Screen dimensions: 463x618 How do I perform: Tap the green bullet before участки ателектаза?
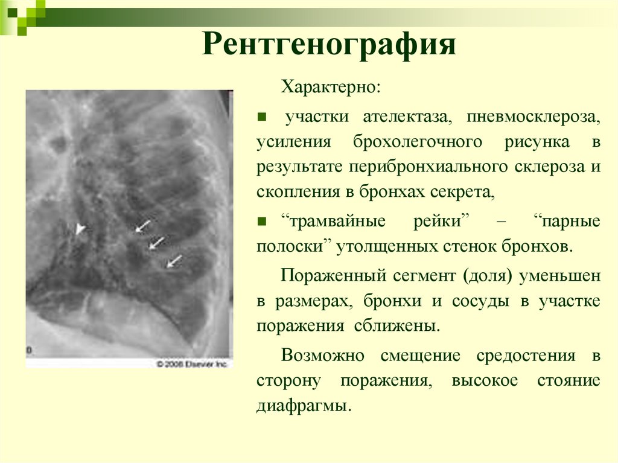coord(261,115)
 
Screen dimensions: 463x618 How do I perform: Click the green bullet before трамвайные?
coord(261,220)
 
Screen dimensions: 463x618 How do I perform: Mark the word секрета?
coord(463,194)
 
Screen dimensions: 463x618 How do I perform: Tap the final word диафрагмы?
coord(303,405)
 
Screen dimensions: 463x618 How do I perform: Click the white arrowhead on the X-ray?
coord(80,228)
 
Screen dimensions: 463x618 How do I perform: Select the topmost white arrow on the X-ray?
coord(142,226)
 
